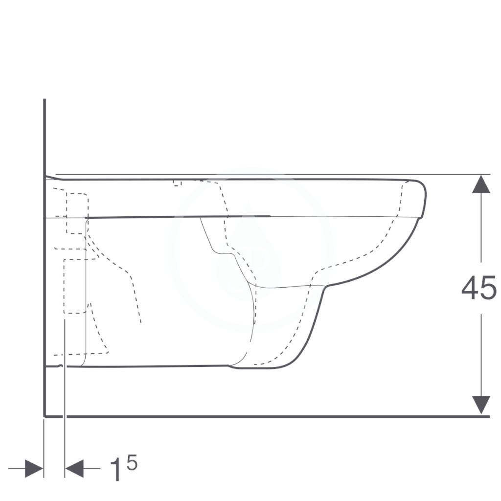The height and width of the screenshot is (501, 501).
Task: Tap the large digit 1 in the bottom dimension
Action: tap(115, 470)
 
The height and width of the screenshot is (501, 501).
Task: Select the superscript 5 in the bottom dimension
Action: tap(132, 462)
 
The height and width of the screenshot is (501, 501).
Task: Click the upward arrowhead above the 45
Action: tap(481, 184)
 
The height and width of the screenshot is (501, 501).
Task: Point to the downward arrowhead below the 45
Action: tap(481, 405)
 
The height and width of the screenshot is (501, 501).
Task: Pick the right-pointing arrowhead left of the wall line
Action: tap(34, 469)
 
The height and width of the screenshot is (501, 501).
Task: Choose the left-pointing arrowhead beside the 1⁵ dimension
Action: tap(74, 469)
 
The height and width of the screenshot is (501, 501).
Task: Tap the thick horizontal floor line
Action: tap(267, 416)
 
